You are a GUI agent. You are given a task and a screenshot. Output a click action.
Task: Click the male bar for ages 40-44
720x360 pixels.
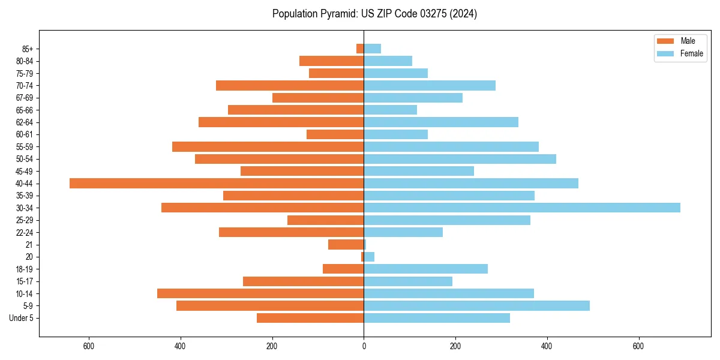tap(217, 184)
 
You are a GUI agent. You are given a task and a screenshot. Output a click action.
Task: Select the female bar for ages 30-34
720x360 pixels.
tap(522, 208)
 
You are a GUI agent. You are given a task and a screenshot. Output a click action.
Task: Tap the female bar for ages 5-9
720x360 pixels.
tap(477, 306)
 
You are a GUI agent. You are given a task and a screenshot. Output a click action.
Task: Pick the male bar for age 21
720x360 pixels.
tap(346, 245)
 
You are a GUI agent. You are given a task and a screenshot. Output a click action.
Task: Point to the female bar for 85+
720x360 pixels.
tap(373, 49)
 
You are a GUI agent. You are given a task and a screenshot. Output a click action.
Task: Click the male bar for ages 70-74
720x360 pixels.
tap(290, 86)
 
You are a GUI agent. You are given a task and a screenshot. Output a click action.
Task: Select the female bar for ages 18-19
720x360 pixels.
tap(426, 269)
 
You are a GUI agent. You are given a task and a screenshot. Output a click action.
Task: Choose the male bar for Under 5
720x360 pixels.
tap(310, 318)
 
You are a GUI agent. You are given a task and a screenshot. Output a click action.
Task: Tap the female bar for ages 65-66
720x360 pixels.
tap(391, 110)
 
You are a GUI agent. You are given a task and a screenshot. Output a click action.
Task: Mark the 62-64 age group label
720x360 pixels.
tap(25, 122)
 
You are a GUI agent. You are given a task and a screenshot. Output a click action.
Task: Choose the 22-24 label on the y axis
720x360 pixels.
tap(25, 233)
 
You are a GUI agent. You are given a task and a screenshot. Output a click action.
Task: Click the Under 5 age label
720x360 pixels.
tap(22, 318)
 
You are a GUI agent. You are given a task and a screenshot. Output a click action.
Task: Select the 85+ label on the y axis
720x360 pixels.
tap(28, 49)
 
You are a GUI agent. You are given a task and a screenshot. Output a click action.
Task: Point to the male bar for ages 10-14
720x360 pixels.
tap(260, 293)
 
